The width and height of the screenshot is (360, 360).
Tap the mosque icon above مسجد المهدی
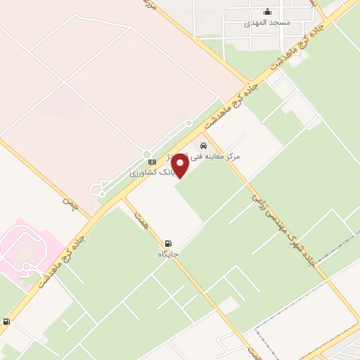(x=266, y=11)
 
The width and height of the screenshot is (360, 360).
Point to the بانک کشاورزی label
(x=149, y=172)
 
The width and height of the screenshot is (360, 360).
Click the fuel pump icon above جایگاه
(x=168, y=243)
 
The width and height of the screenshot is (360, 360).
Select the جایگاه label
(x=168, y=253)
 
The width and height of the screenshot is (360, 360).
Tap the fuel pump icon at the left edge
(x=6, y=321)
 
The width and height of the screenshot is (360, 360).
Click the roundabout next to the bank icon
(x=147, y=154)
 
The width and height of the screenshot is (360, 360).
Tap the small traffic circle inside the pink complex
(x=28, y=267)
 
